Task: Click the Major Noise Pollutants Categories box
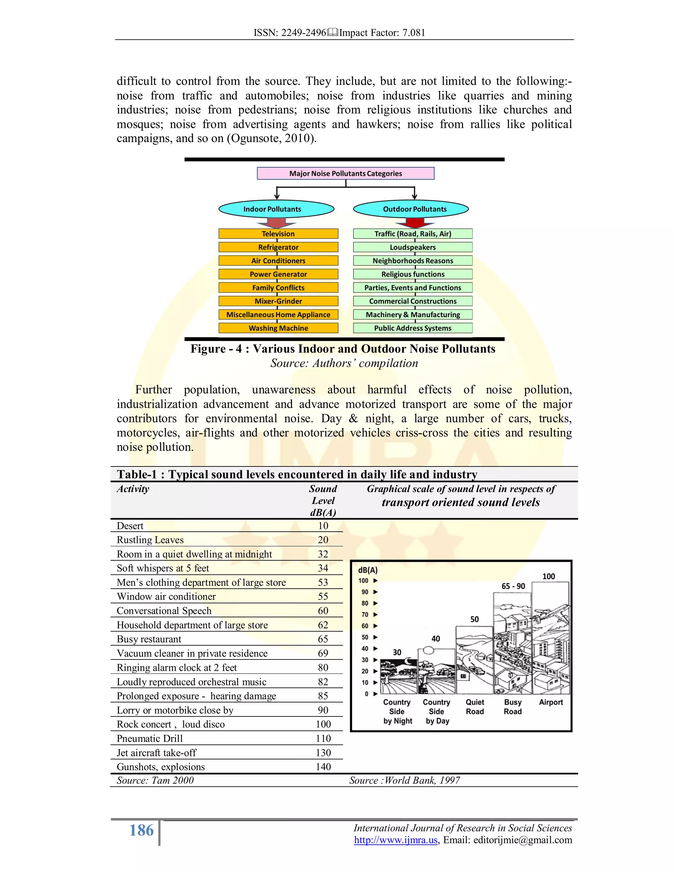345,174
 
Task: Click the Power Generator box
278,274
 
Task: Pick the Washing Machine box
278,328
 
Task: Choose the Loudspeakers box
413,247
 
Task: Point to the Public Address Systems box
413,328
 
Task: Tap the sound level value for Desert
323,526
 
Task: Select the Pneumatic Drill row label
150,739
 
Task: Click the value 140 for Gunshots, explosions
323,767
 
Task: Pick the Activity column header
133,489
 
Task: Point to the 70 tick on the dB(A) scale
365,614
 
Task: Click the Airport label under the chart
551,702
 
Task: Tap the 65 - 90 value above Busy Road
513,586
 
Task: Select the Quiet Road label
475,707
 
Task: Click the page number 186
141,830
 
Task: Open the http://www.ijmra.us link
396,840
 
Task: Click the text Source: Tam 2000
155,780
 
